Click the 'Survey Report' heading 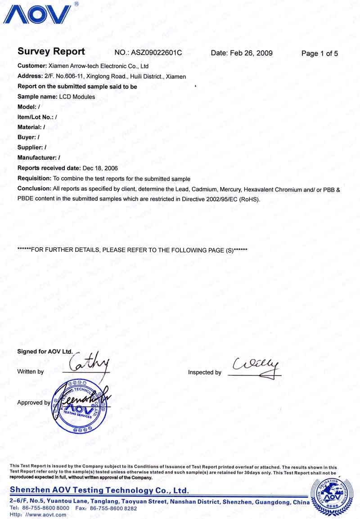(x=51, y=52)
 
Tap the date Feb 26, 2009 (x=252, y=53)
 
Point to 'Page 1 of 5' (x=319, y=54)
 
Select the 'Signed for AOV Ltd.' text (x=45, y=351)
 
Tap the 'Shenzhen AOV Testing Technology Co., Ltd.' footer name (x=99, y=490)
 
